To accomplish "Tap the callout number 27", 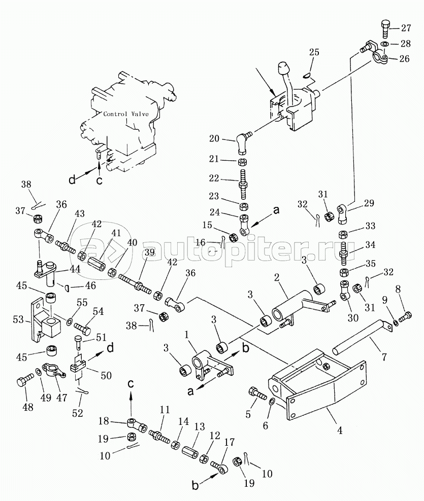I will point(408,27).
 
